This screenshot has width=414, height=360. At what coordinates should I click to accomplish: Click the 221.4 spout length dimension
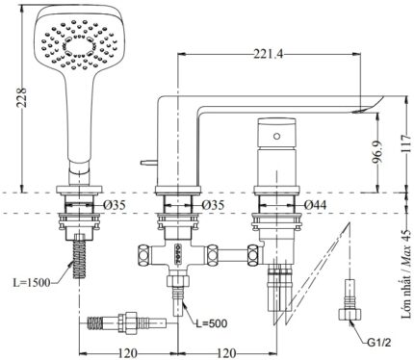pyautogui.click(x=269, y=54)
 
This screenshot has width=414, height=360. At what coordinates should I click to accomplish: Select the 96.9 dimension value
pyautogui.click(x=377, y=152)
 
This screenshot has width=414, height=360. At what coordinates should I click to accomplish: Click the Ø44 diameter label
pyautogui.click(x=315, y=205)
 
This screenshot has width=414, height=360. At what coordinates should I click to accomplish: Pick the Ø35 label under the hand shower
pyautogui.click(x=115, y=205)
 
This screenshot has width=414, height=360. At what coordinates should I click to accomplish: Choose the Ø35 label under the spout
pyautogui.click(x=213, y=205)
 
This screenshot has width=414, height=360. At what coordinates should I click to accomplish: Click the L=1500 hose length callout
pyautogui.click(x=32, y=282)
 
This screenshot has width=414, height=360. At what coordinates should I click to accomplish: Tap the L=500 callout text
pyautogui.click(x=212, y=323)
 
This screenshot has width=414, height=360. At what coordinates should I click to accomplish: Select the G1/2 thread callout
pyautogui.click(x=379, y=343)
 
